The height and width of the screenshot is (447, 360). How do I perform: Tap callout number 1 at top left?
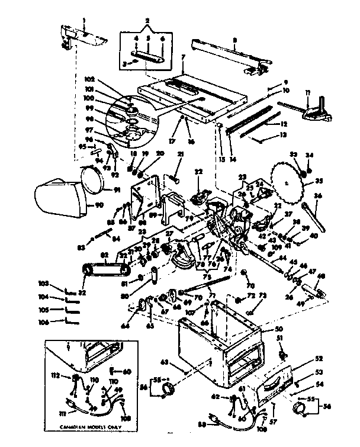pos(85,22)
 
